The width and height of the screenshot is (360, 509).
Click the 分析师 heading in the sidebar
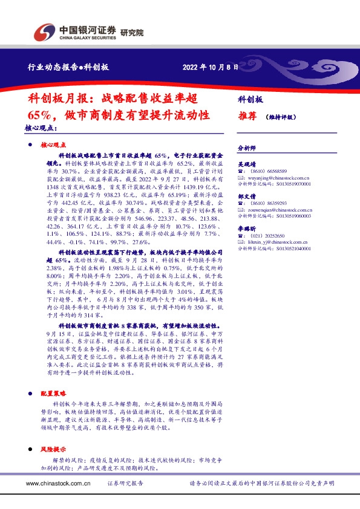(x=247, y=147)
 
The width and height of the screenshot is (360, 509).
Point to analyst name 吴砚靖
(x=247, y=163)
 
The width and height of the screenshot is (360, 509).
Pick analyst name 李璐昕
(x=247, y=229)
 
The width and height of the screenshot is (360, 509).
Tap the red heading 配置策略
(x=52, y=392)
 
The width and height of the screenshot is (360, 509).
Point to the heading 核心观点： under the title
(x=41, y=128)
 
